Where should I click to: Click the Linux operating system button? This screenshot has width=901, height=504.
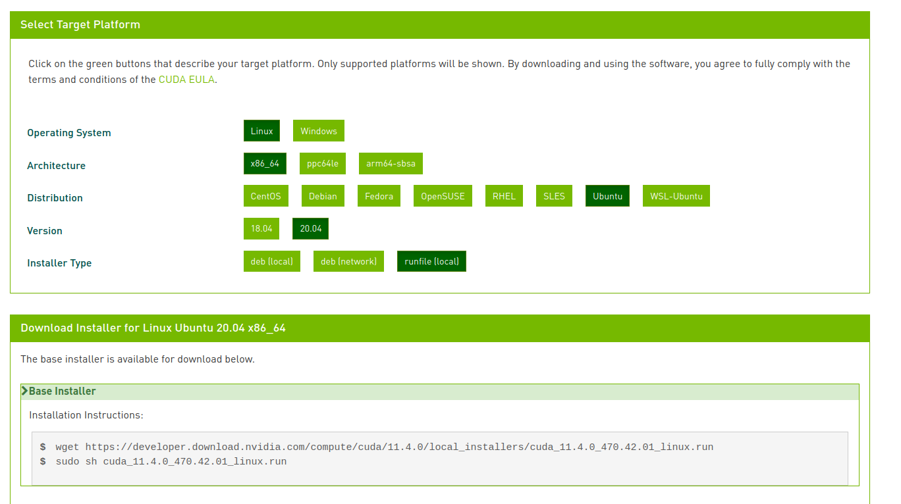tap(261, 131)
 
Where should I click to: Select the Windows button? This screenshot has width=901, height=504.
tap(319, 131)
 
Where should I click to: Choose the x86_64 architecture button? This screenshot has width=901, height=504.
tap(265, 163)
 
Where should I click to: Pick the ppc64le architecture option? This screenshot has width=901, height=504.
tap(323, 163)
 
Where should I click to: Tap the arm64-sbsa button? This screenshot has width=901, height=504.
tap(391, 163)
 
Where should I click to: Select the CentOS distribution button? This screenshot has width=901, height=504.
tap(265, 196)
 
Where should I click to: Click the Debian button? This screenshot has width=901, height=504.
tap(323, 196)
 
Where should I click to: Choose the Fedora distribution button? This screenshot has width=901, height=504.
tap(379, 196)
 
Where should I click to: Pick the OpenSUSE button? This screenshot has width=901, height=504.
tap(443, 196)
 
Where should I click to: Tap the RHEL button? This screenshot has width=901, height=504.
tap(504, 196)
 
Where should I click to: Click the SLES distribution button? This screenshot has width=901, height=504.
tap(554, 196)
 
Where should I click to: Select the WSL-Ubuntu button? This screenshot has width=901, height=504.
tap(676, 196)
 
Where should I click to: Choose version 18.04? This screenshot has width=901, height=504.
tap(261, 228)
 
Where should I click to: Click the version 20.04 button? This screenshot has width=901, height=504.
tap(311, 228)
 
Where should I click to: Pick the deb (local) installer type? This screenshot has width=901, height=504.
tap(271, 261)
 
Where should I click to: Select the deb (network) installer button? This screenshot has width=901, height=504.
tap(348, 261)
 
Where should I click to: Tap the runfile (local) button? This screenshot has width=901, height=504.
tap(431, 261)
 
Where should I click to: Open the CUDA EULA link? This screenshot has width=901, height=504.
tap(186, 80)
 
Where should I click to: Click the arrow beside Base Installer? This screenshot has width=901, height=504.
tap(25, 391)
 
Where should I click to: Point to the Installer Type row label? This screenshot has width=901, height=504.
tap(59, 263)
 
